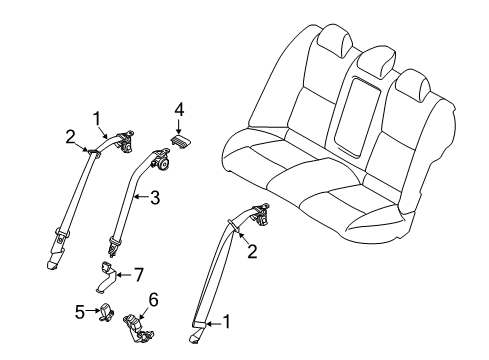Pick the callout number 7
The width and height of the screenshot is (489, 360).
[140, 272]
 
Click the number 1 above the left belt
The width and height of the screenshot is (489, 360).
[98, 118]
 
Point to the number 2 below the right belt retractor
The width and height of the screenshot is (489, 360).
[253, 254]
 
